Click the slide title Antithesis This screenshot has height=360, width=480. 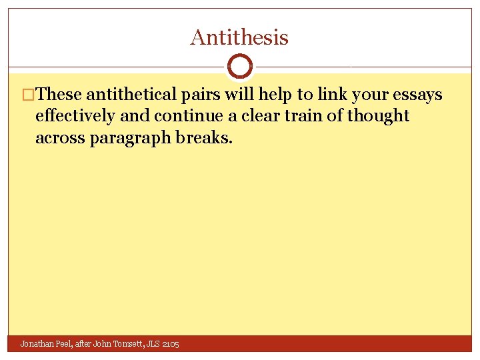click(239, 37)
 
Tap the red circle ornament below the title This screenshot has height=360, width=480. click(240, 66)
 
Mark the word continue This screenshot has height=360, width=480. click(190, 115)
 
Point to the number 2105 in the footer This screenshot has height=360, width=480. click(170, 344)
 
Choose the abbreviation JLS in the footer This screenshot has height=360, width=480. click(155, 344)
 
